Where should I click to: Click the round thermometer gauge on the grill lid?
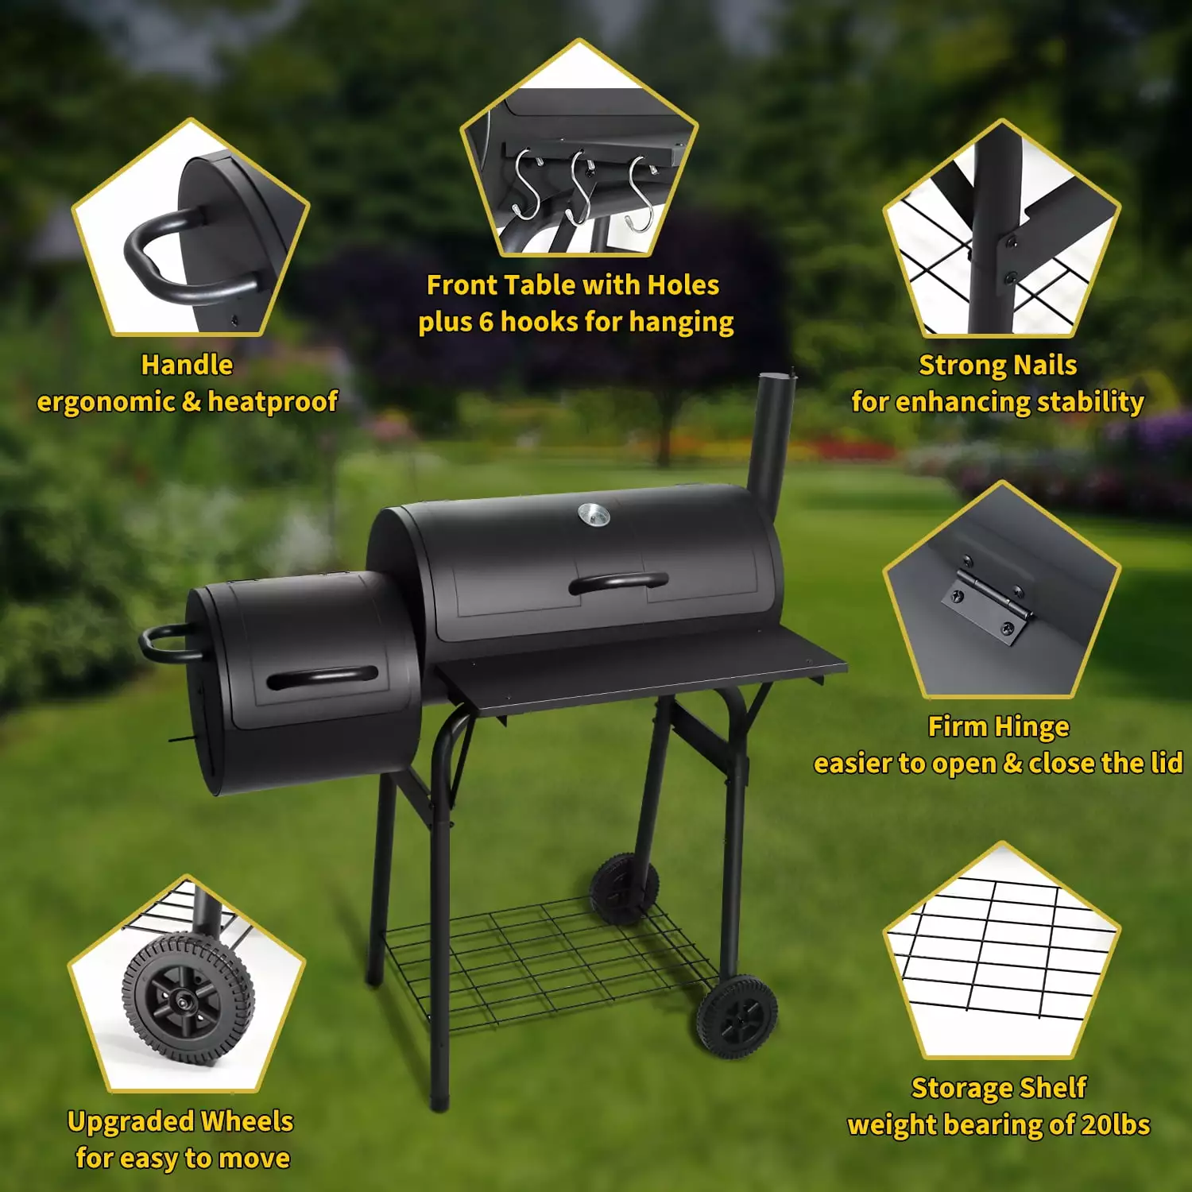(594, 515)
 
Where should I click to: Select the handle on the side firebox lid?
(322, 678)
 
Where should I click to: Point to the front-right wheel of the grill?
(737, 1016)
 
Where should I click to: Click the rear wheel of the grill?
(624, 888)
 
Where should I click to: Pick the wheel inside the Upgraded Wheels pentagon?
(188, 998)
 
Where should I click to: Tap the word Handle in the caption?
(187, 365)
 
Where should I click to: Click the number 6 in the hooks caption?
(486, 322)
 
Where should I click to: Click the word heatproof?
(273, 402)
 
